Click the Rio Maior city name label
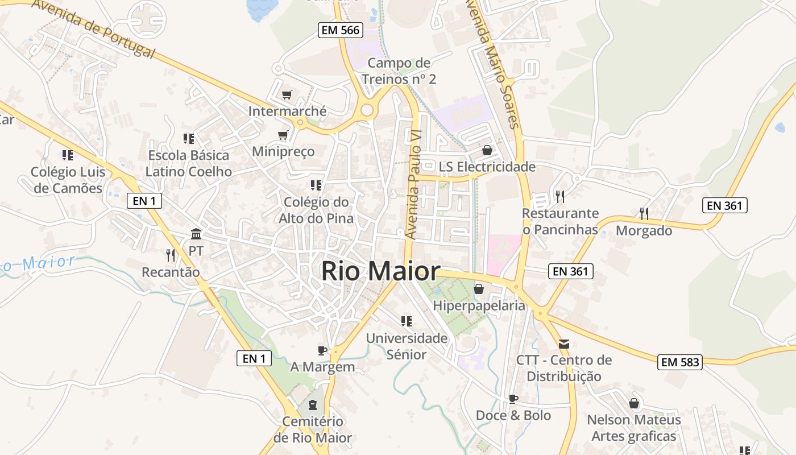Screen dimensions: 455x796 (x=380, y=271)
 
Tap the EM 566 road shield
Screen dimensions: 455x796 (x=341, y=31)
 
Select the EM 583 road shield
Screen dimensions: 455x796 (x=680, y=362)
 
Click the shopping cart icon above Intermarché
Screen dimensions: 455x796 (x=287, y=94)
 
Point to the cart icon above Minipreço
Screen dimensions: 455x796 (x=283, y=135)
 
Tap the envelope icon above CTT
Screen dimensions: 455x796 (x=564, y=344)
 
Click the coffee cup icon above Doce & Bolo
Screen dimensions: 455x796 (x=513, y=399)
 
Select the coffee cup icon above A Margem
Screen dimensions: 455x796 (x=322, y=350)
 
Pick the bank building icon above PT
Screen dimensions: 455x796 (x=196, y=234)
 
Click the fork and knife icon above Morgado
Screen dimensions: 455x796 (x=644, y=214)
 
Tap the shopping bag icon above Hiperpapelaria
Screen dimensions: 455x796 (x=479, y=289)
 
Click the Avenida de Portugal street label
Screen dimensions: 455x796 (x=94, y=27)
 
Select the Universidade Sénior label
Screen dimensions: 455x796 (x=406, y=346)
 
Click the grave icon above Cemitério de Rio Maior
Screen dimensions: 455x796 (x=312, y=405)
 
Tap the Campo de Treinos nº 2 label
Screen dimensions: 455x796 (x=399, y=71)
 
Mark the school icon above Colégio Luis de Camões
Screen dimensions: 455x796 (x=68, y=155)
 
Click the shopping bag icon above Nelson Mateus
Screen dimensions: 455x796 (x=634, y=403)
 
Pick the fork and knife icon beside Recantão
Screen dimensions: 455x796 (x=170, y=255)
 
